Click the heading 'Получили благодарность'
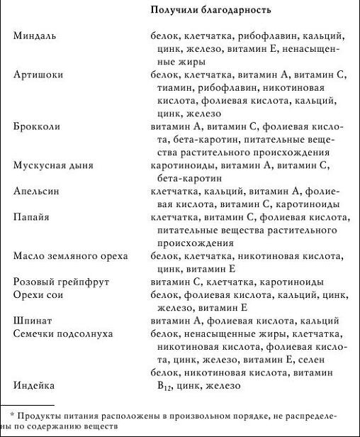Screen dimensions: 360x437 click(211, 11)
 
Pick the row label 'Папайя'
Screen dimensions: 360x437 click(32, 217)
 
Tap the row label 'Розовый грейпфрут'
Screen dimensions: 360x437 click(61, 282)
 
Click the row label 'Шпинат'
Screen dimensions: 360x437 click(33, 321)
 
